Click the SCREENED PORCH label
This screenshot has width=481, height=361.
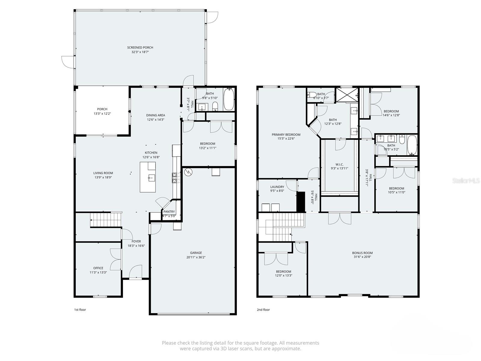pyautogui.click(x=140, y=48)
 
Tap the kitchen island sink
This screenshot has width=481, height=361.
pyautogui.click(x=151, y=177)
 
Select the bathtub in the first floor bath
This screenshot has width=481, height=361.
pyautogui.click(x=229, y=100)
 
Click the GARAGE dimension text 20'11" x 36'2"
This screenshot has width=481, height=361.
pyautogui.click(x=196, y=257)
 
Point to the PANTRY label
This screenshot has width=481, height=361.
pyautogui.click(x=169, y=212)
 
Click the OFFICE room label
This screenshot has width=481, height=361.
pyautogui.click(x=98, y=268)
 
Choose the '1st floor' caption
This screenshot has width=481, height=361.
pyautogui.click(x=80, y=310)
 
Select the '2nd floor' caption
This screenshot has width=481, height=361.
pyautogui.click(x=263, y=310)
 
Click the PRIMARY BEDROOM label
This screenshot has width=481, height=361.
pyautogui.click(x=286, y=134)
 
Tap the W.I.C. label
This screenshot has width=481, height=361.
pyautogui.click(x=339, y=164)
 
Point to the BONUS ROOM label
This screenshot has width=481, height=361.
pyautogui.click(x=362, y=253)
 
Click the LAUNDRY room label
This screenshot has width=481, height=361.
pyautogui.click(x=277, y=187)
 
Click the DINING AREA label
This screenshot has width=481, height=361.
pyautogui.click(x=155, y=115)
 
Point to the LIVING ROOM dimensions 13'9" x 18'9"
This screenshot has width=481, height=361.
pyautogui.click(x=103, y=177)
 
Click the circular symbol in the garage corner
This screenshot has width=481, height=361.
pyautogui.click(x=188, y=172)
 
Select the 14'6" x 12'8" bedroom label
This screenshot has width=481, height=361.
pyautogui.click(x=391, y=111)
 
